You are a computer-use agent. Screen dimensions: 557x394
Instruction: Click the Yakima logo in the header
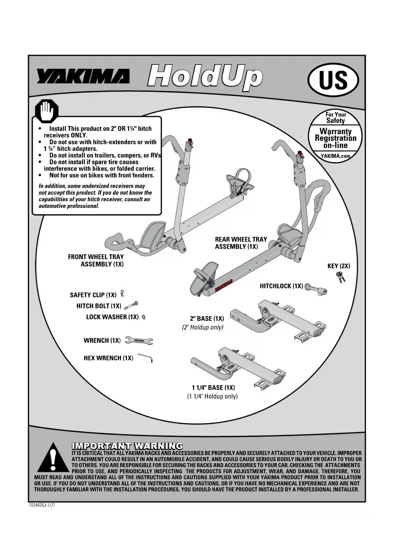(x=83, y=77)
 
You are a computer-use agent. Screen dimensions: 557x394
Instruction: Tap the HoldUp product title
(x=205, y=77)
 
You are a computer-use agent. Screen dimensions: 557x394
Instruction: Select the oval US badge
(x=333, y=80)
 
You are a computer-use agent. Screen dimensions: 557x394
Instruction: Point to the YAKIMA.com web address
(x=335, y=156)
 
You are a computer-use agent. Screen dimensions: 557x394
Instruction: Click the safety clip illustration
(x=122, y=294)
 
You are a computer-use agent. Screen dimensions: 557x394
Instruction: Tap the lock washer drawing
(x=144, y=317)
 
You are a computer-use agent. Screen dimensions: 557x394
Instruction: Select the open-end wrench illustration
(x=139, y=340)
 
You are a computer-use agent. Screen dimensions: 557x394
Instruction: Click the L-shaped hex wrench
(x=146, y=358)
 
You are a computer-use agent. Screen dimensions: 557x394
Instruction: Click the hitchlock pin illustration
(x=316, y=289)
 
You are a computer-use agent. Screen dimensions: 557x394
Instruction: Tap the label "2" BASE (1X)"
(x=207, y=319)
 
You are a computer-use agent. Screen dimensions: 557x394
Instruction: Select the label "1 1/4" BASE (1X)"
(x=213, y=387)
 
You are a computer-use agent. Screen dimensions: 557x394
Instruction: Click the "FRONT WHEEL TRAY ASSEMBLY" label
(x=96, y=260)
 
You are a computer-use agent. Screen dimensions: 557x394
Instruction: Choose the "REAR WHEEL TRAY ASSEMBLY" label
(x=241, y=243)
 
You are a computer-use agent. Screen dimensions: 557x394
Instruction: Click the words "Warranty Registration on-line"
(x=336, y=138)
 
